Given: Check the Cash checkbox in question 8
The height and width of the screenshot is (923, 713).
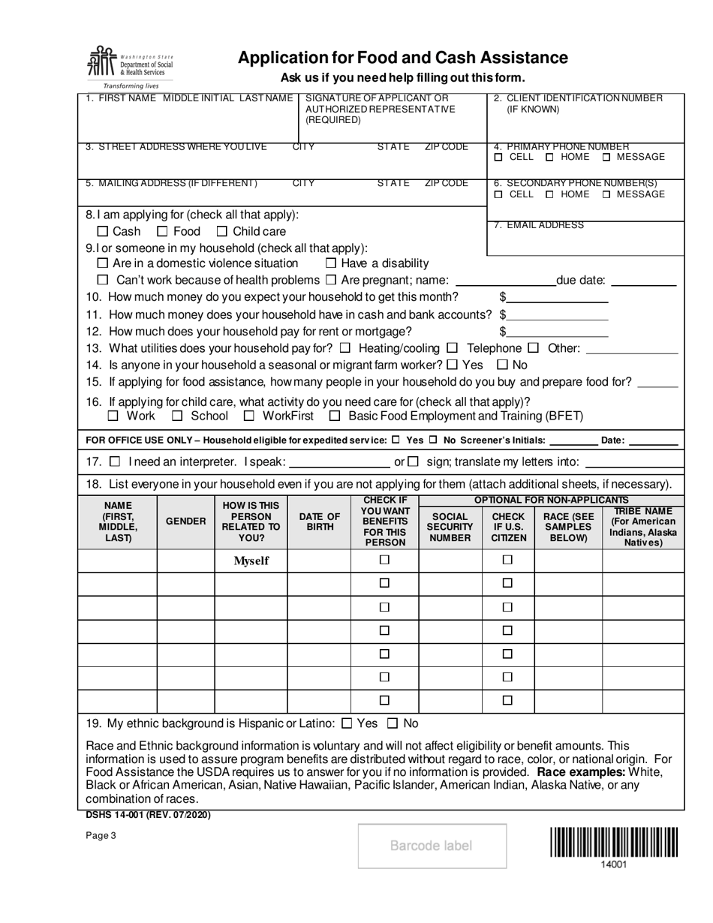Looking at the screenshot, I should [x=104, y=232].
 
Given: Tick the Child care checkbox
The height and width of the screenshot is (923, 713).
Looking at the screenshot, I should [x=222, y=232].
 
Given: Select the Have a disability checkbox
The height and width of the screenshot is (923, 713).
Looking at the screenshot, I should [x=331, y=263].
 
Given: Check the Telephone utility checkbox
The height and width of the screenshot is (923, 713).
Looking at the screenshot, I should [x=453, y=348].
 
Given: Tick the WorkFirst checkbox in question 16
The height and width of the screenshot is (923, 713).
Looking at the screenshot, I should [x=249, y=416].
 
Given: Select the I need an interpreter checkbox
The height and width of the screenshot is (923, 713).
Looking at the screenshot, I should [x=115, y=461].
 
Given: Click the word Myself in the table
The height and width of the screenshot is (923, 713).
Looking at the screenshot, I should [x=251, y=561].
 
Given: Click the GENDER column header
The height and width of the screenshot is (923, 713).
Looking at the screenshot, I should [x=185, y=521].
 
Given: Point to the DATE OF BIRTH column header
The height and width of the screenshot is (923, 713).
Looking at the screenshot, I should [x=320, y=521].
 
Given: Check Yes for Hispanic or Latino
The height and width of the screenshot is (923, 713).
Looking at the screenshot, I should [x=347, y=724].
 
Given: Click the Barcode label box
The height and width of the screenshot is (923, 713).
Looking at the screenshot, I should [x=432, y=846].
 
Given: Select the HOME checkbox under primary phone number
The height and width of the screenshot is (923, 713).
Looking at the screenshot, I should [x=550, y=158].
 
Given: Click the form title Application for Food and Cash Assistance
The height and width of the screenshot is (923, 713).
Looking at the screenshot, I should [x=403, y=58].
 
